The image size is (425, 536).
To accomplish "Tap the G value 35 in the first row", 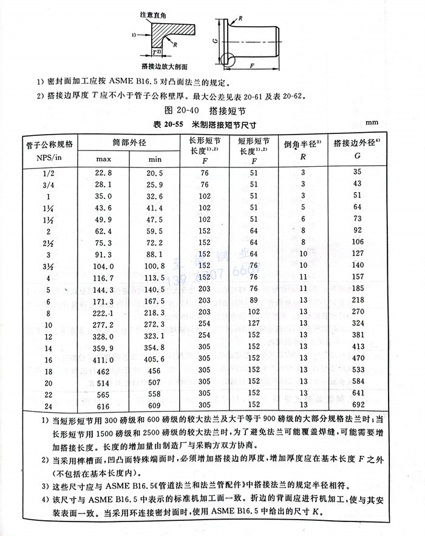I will [357, 173].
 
